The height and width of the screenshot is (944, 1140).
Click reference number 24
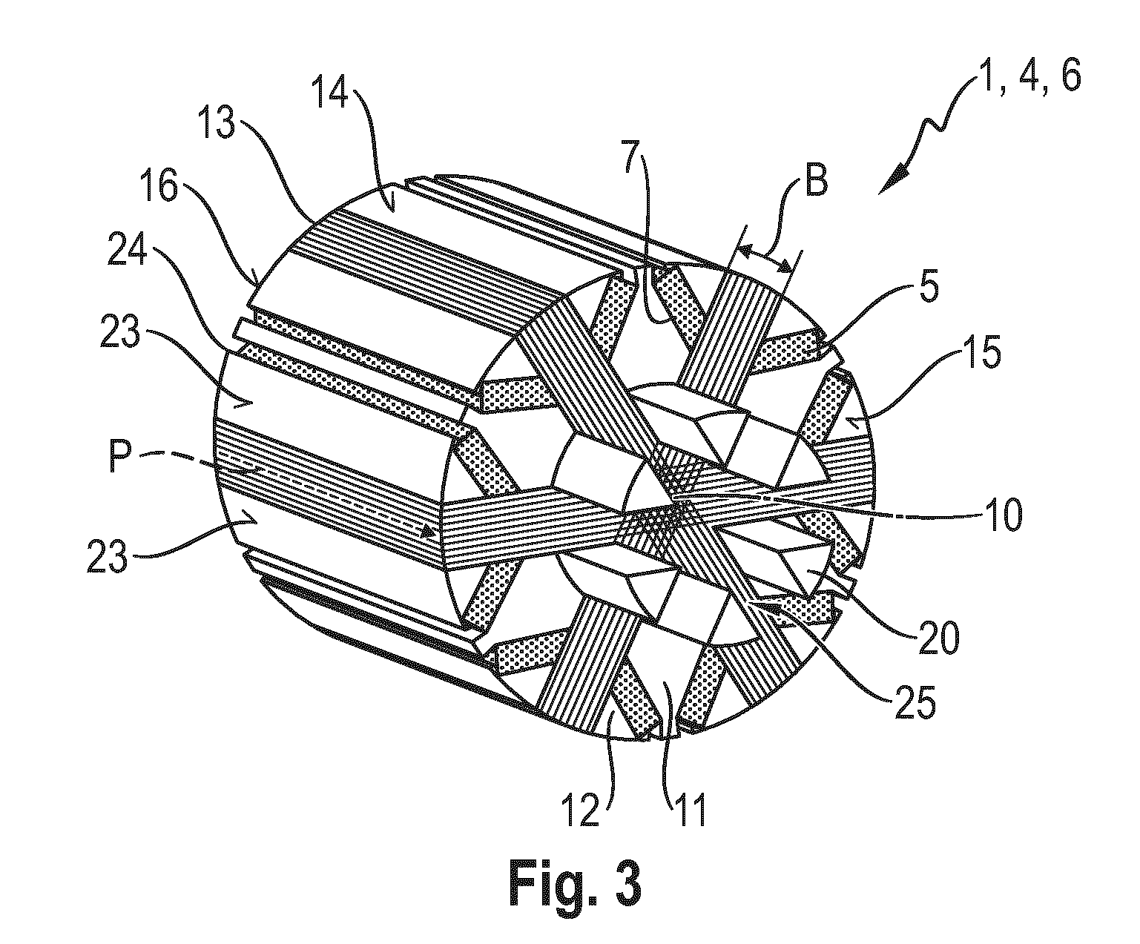point(127,249)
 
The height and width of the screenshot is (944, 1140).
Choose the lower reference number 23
point(107,555)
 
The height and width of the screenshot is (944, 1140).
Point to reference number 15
point(982,353)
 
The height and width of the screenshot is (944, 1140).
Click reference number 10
point(1003,515)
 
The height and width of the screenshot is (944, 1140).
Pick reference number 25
point(915,702)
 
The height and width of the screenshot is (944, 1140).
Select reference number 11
point(690,811)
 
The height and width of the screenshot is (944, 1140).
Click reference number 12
point(582,811)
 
